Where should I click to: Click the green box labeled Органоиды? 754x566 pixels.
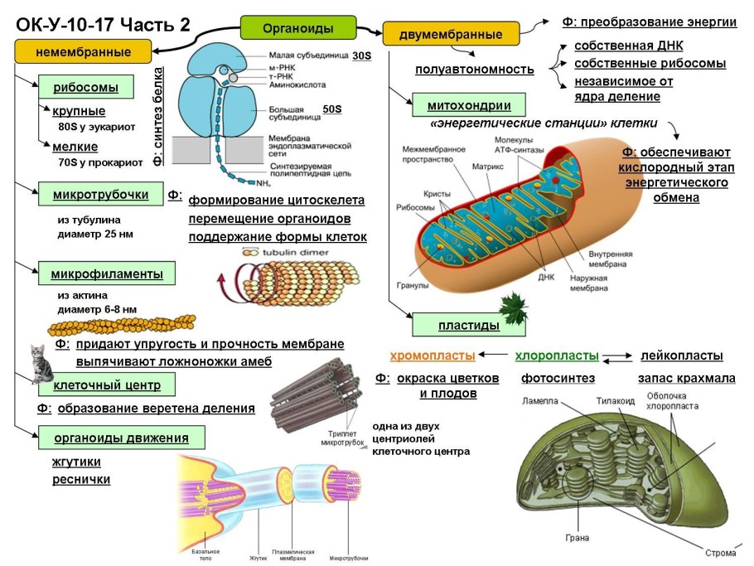pyautogui.click(x=298, y=28)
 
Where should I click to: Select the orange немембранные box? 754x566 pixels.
pyautogui.click(x=83, y=52)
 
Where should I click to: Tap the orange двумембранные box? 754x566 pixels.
pyautogui.click(x=451, y=35)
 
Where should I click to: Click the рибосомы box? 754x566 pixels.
pyautogui.click(x=85, y=88)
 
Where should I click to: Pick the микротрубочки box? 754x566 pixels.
pyautogui.click(x=100, y=195)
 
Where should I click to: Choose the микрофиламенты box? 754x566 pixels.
pyautogui.click(x=107, y=273)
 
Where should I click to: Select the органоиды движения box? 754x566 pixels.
pyautogui.click(x=121, y=438)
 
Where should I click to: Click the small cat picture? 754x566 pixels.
pyautogui.click(x=39, y=364)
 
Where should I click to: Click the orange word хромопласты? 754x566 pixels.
pyautogui.click(x=433, y=356)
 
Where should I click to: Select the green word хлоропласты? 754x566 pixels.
pyautogui.click(x=557, y=356)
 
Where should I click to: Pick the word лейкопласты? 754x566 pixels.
pyautogui.click(x=682, y=356)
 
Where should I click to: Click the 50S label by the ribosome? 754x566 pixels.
pyautogui.click(x=332, y=109)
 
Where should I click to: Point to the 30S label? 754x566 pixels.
pyautogui.click(x=361, y=56)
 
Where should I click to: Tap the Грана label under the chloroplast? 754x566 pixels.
pyautogui.click(x=578, y=538)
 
